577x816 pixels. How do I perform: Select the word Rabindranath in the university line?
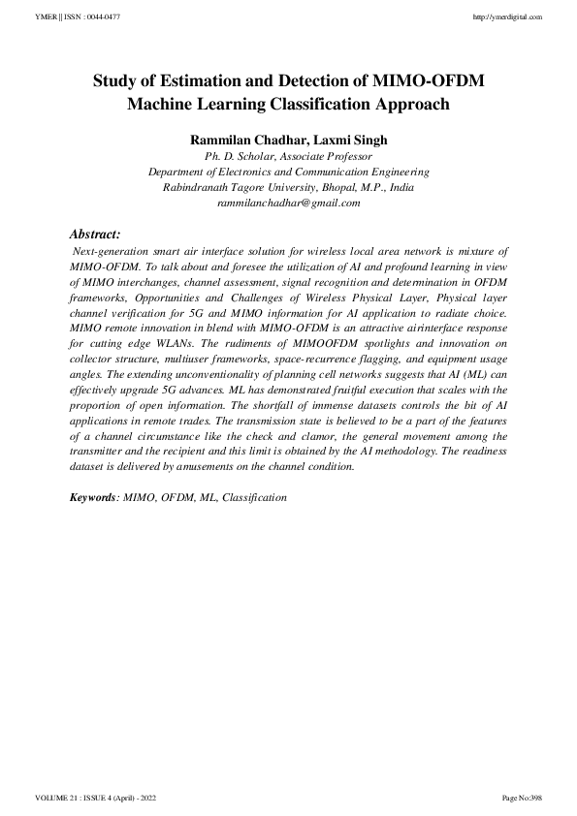pyautogui.click(x=197, y=187)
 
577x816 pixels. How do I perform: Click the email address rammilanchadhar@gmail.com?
pyautogui.click(x=289, y=203)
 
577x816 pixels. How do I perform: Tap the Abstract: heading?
pyautogui.click(x=95, y=234)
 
